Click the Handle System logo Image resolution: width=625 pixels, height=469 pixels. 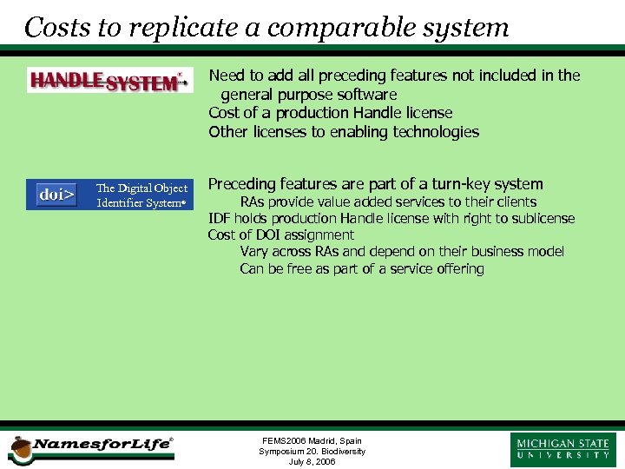coord(109,81)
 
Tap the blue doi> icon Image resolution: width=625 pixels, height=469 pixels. coord(56,195)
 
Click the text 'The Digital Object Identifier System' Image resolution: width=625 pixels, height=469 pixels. coord(141,195)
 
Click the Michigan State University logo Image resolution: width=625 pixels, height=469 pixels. coord(562,449)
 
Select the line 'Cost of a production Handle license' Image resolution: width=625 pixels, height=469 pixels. coord(330,113)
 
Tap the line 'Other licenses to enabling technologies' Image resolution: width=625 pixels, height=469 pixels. coord(344,132)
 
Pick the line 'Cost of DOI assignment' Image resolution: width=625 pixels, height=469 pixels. coord(280,235)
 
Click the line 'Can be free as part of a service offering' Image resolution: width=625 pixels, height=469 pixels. coord(362,269)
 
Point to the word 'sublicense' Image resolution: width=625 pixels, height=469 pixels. coord(543,219)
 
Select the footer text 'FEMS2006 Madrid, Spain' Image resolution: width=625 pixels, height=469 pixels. coord(312,441)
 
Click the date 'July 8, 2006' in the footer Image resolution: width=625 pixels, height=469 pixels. coord(312,461)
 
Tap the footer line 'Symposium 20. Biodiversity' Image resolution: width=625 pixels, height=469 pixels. coord(312,452)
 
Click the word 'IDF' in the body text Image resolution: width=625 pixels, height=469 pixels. coord(219,219)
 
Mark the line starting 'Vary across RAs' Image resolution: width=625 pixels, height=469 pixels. coord(402,252)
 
